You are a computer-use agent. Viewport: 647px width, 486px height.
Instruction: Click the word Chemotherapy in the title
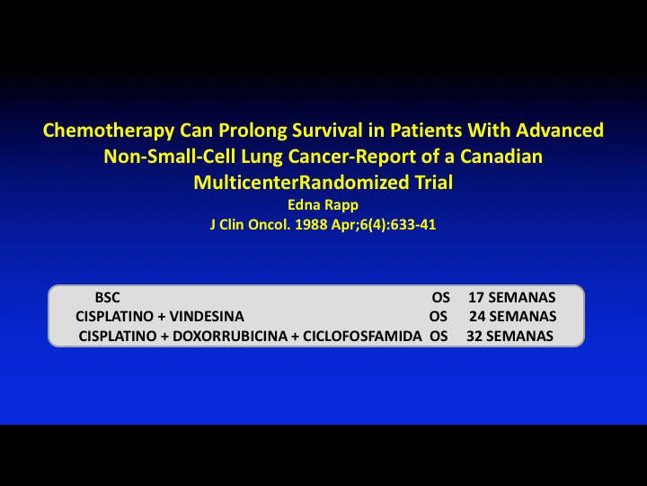[x=109, y=130]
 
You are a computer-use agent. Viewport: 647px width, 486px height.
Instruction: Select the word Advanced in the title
[x=560, y=130]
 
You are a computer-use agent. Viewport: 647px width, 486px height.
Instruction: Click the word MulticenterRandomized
[x=301, y=182]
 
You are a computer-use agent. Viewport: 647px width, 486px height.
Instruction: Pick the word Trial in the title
[x=434, y=182]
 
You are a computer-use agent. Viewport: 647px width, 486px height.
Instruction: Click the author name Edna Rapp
[x=323, y=205]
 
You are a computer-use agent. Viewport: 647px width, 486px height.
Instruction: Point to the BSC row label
[x=107, y=298]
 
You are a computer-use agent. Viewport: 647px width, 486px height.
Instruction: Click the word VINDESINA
[x=207, y=317]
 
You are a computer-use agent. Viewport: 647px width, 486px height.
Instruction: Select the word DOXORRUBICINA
[x=230, y=336]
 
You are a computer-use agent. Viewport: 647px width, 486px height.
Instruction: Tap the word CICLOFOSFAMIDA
[x=362, y=336]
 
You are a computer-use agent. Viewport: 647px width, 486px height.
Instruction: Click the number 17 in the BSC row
[x=475, y=298]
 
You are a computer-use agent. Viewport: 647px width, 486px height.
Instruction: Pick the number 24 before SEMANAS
[x=477, y=317]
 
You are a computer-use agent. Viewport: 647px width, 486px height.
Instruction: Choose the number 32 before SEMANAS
[x=474, y=336]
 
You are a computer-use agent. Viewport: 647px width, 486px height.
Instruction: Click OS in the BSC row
[x=440, y=298]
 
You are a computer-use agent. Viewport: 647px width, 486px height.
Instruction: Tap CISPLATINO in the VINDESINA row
[x=115, y=317]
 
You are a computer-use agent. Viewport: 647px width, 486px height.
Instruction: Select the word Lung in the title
[x=261, y=157]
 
